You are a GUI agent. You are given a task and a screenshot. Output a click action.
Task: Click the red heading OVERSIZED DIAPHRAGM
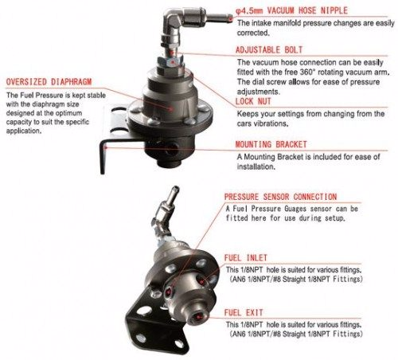tap(49, 81)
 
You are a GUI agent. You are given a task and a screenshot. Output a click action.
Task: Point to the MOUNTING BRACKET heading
tap(279, 145)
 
